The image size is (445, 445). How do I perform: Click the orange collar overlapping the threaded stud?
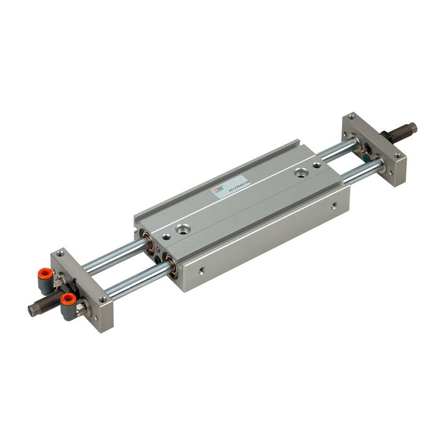68,298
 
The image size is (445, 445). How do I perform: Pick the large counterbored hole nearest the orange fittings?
182,229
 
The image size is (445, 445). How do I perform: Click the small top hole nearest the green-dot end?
316,166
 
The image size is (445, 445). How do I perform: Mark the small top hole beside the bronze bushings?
166,237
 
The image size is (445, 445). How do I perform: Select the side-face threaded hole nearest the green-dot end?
334,205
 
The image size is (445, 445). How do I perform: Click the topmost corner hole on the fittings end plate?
61,254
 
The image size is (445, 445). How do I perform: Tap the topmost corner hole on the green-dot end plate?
352,117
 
